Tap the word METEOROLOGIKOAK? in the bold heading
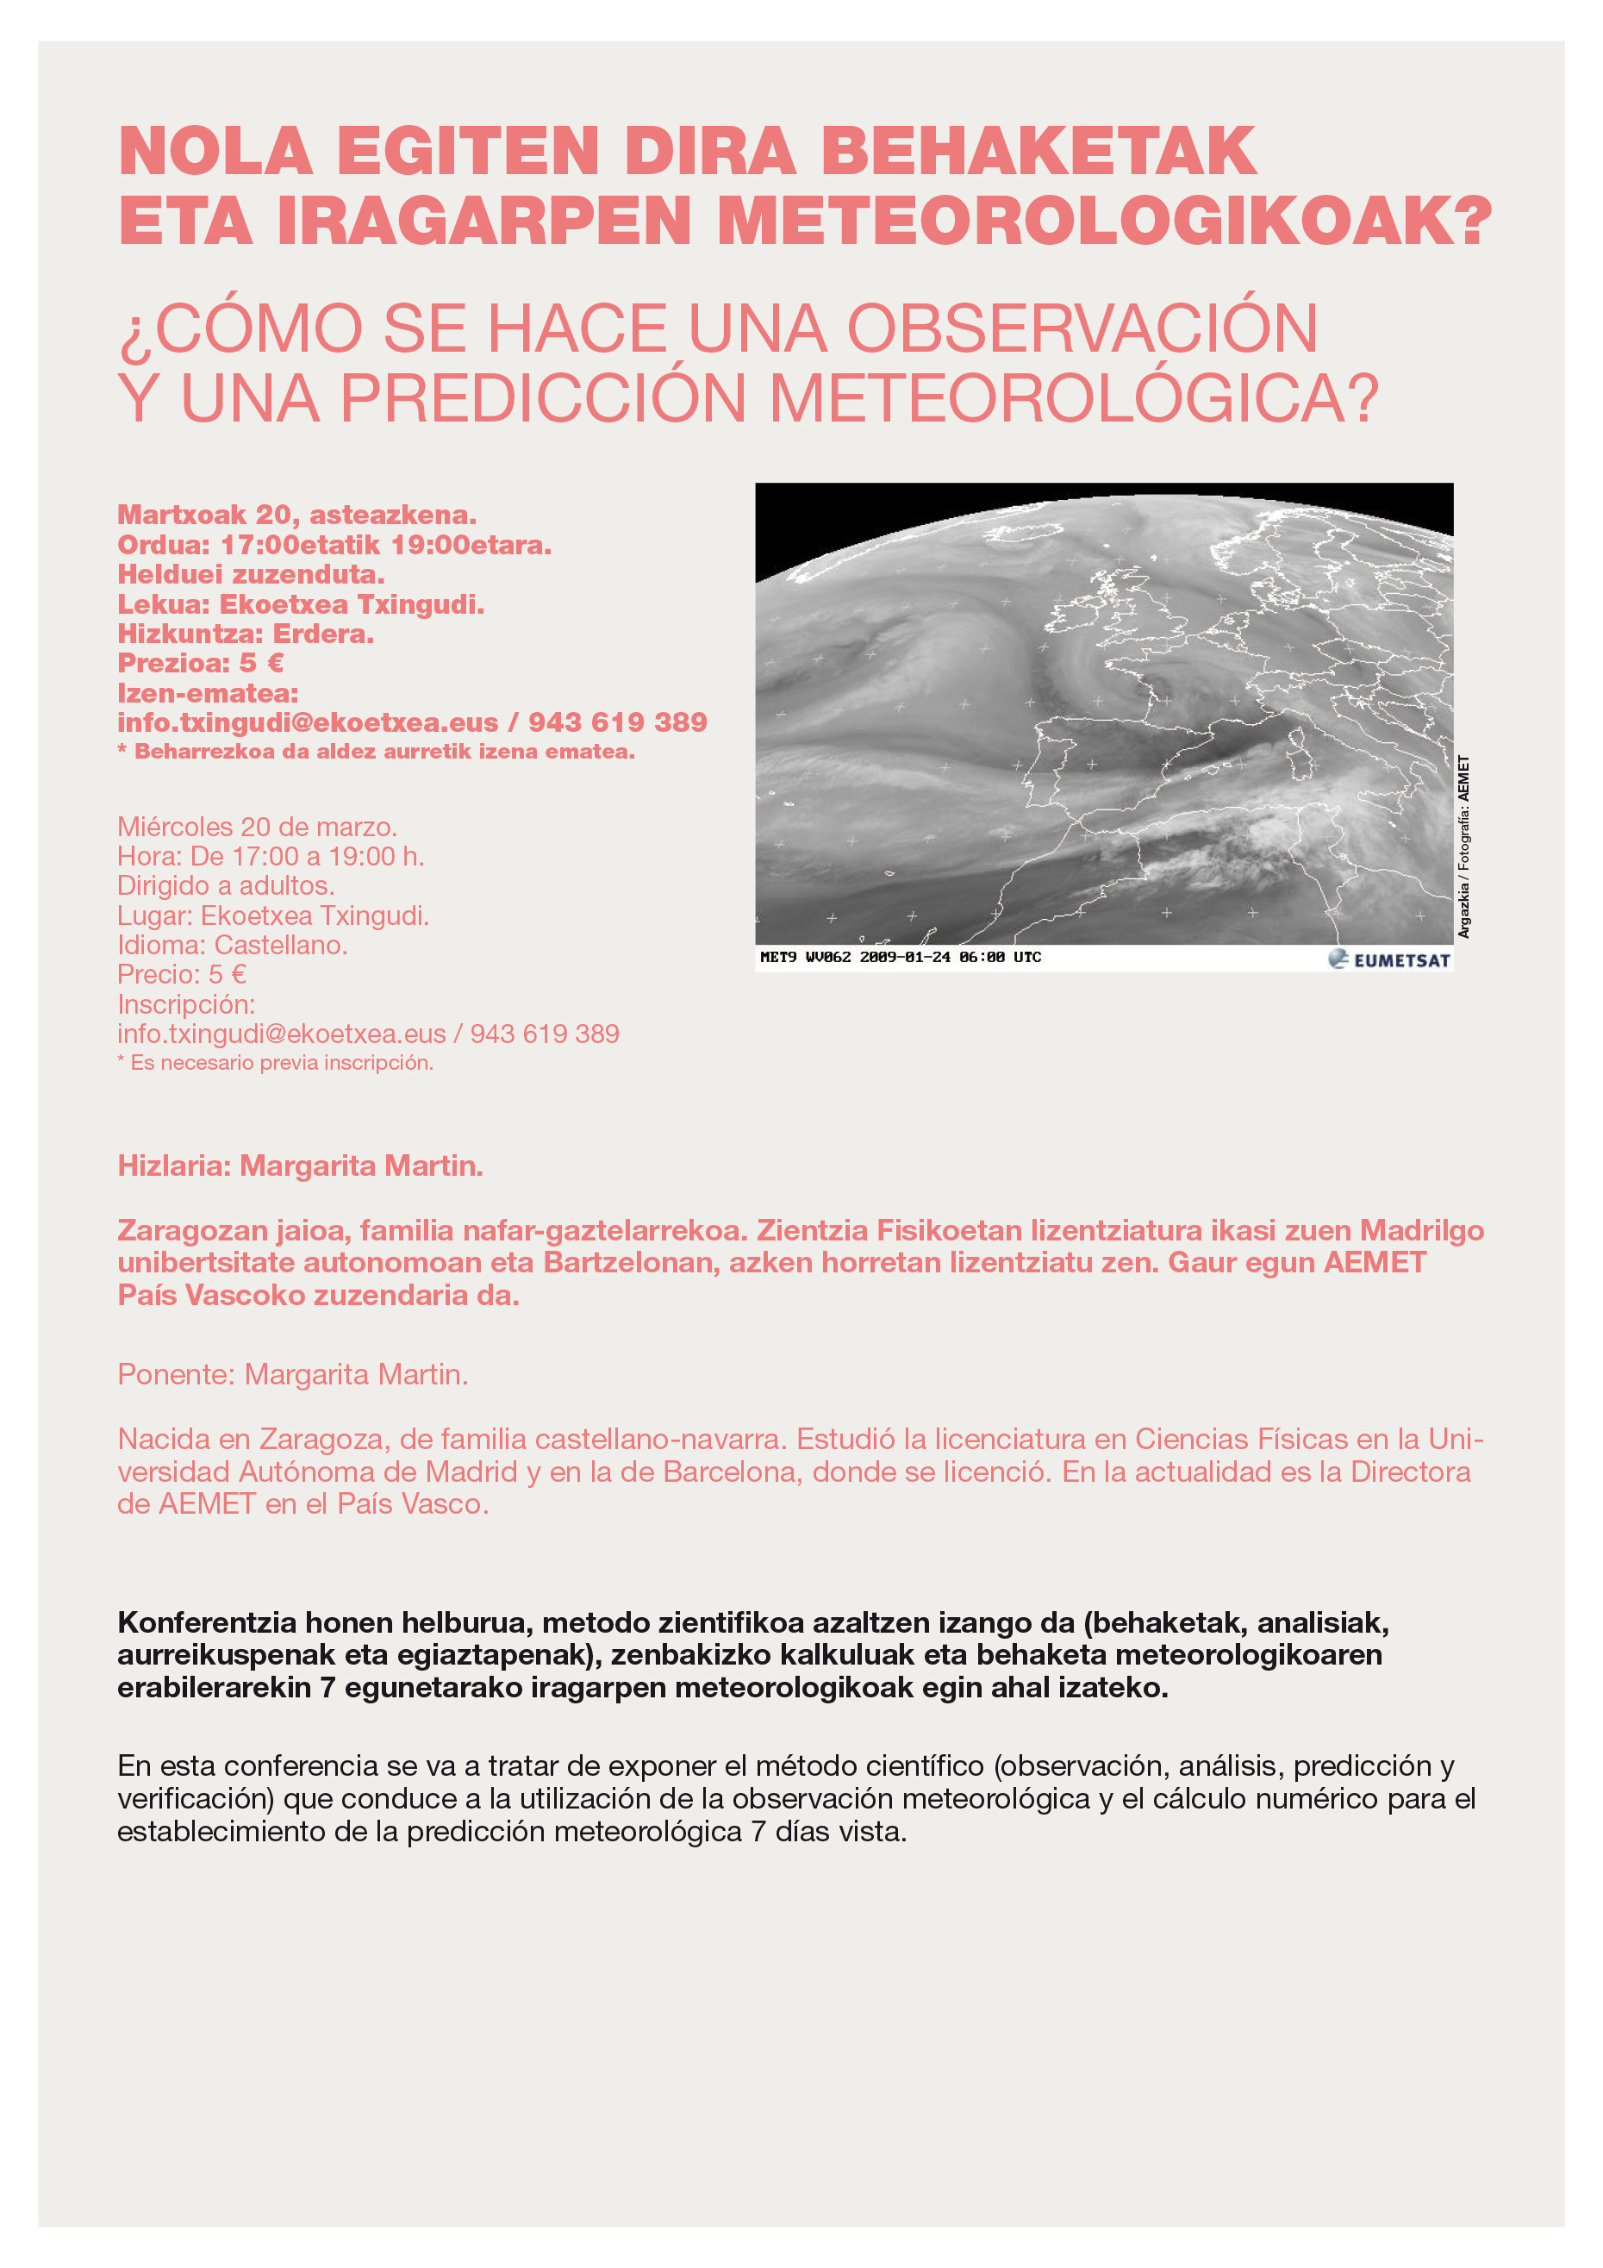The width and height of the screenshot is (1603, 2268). coord(1104,222)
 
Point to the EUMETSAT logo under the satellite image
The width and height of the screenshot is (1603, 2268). coord(1389,959)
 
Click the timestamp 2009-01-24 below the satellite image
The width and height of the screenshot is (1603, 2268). coord(905,957)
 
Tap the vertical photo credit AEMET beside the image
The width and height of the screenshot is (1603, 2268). coord(1463,779)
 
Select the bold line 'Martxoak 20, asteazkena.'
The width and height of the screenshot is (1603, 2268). coord(296,515)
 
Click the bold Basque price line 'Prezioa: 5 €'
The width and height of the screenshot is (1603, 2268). coord(201,663)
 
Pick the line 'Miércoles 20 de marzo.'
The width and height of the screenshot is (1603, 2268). coord(257,827)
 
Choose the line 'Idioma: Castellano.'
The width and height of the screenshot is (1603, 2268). coord(232,946)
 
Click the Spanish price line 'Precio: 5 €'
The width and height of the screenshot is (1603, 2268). coord(182,975)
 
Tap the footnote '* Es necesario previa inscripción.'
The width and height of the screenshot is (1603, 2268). coord(275,1063)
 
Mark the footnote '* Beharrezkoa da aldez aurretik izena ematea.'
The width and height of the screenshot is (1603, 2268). coord(375,752)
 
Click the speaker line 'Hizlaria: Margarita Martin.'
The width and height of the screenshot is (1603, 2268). coord(300,1165)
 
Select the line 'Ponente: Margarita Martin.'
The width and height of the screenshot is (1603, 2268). coord(292,1374)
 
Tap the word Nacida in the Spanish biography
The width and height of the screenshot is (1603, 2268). coord(162,1440)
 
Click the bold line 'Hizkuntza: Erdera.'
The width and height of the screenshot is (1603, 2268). coord(245,634)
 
